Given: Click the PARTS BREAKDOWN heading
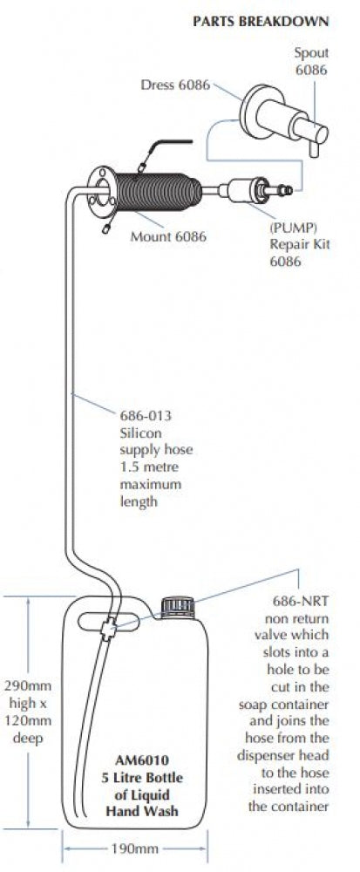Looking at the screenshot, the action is point(261,22).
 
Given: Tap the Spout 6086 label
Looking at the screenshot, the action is point(311,62).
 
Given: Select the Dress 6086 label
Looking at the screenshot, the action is point(175,85).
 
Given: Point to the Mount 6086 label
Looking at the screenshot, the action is point(168,236).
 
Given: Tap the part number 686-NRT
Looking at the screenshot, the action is point(301,601).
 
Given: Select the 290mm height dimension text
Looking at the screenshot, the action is point(29,685).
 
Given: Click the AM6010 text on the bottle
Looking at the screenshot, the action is point(142,760).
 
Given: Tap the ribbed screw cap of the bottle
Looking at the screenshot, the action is point(178,607).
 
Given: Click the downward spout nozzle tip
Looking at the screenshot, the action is point(314,150).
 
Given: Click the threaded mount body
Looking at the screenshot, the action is point(154,191).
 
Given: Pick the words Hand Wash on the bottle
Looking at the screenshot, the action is point(142,811).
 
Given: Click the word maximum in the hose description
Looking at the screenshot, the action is point(151,484).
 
